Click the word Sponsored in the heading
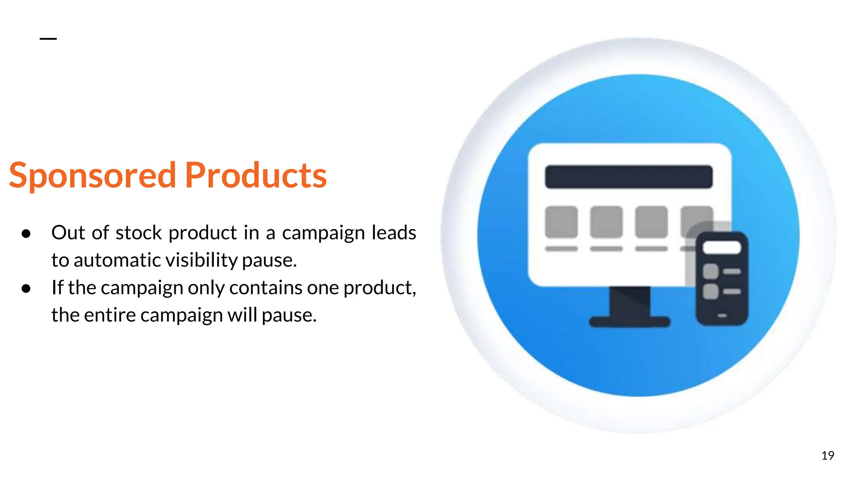[92, 175]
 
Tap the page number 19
[827, 456]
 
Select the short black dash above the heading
[48, 39]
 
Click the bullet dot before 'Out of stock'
[26, 234]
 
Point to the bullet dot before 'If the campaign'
[26, 289]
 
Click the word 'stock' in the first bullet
[139, 233]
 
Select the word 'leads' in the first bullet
[394, 233]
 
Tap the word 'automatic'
[118, 260]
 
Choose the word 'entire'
[110, 315]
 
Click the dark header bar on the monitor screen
[629, 177]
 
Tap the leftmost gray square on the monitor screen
[561, 222]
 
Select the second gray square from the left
[606, 222]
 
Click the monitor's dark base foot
[629, 322]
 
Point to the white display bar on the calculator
[722, 248]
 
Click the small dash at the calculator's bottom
[722, 316]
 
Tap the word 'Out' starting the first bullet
[68, 233]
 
